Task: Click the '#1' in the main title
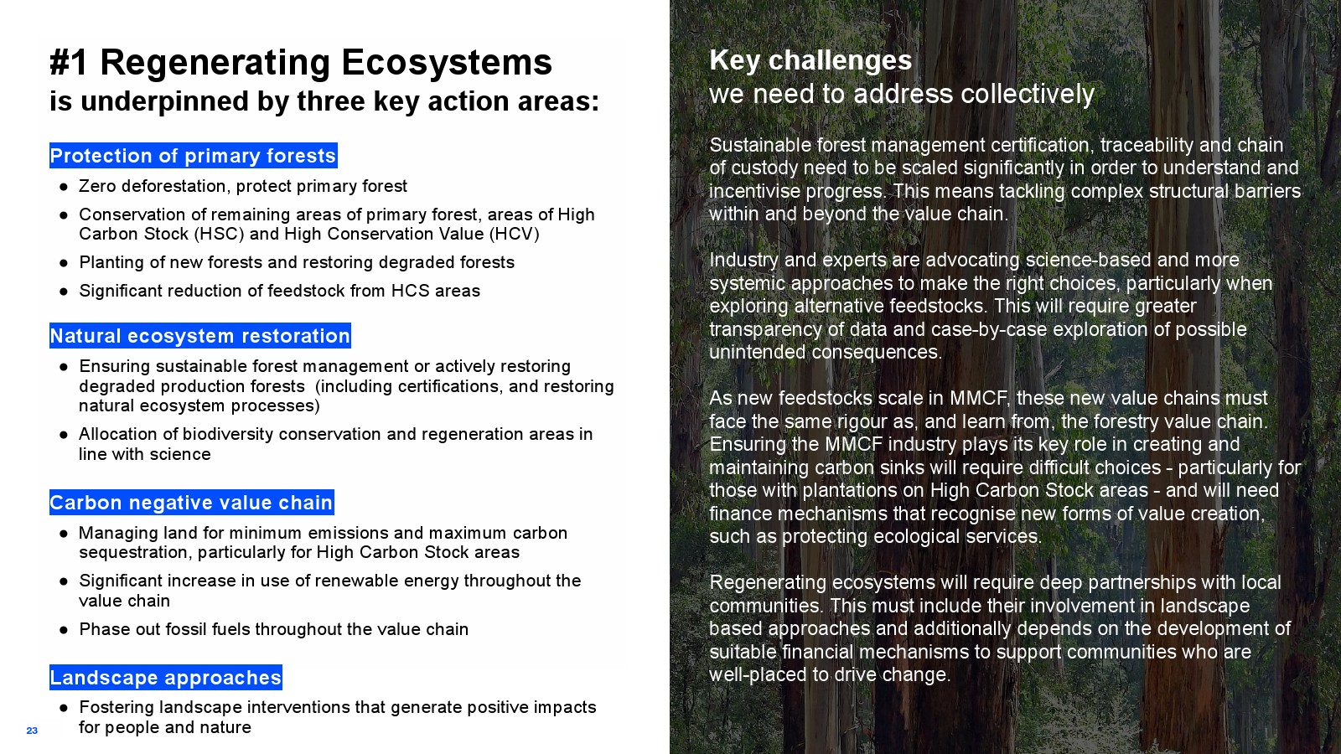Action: pos(69,62)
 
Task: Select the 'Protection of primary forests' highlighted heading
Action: pos(194,156)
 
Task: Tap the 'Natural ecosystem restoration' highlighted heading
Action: pos(200,336)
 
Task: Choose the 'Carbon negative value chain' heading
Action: pos(192,503)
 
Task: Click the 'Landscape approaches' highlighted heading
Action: pos(166,678)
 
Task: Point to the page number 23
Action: pos(32,731)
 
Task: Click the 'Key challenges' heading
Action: pos(810,60)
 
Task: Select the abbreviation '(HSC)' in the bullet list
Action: pos(219,234)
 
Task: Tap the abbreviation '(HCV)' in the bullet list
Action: pos(515,234)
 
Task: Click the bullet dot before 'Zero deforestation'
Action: pos(64,188)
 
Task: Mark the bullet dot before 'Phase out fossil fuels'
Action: pos(64,630)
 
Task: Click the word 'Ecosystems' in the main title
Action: pos(447,63)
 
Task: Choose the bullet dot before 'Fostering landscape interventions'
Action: pos(64,709)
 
